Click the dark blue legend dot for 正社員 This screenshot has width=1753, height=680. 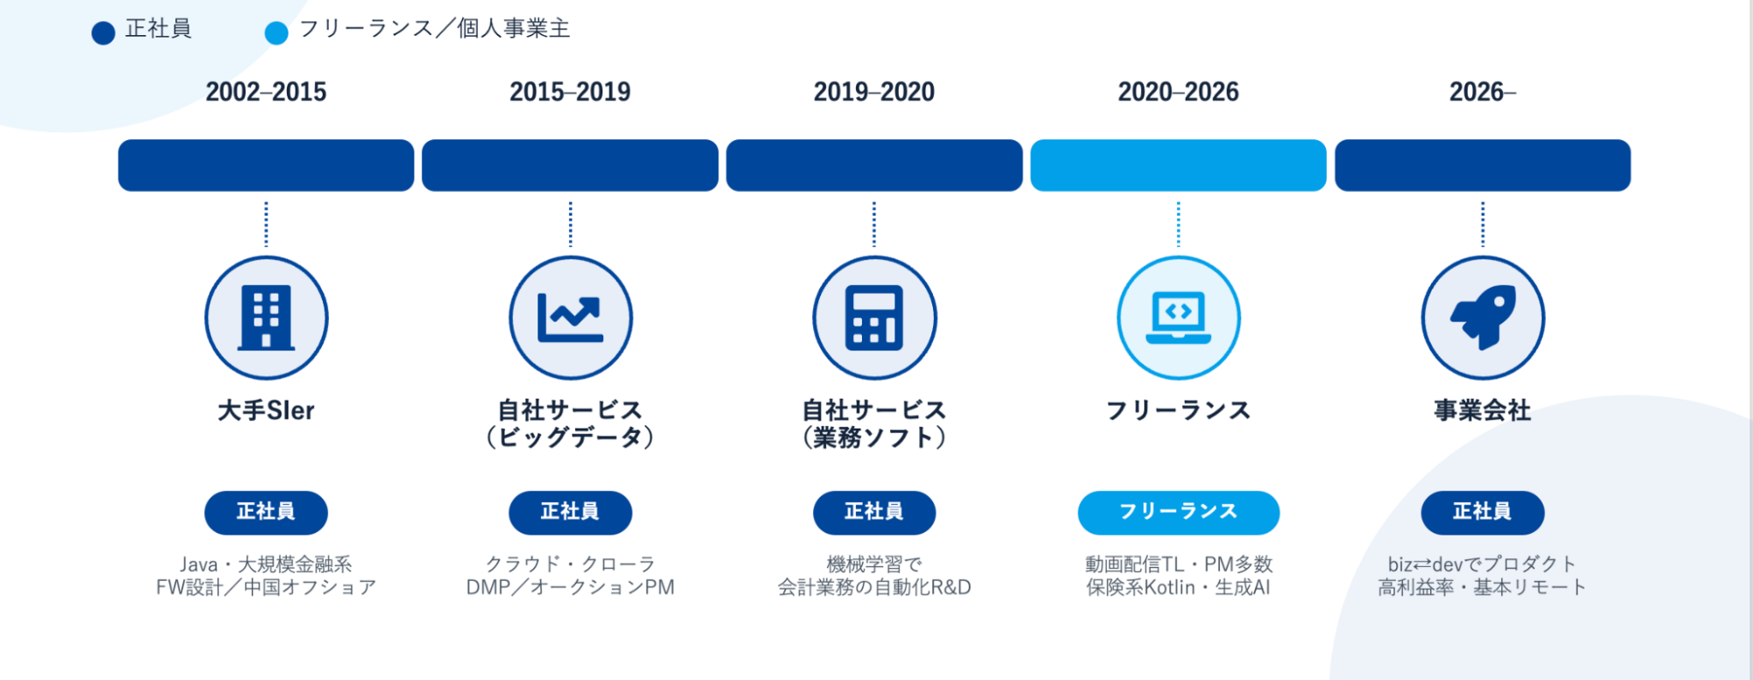[103, 33]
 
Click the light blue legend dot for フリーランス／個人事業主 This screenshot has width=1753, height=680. [276, 33]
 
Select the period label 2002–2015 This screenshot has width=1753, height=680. [266, 92]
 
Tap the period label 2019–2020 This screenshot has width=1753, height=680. [874, 92]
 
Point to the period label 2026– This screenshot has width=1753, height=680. [1482, 92]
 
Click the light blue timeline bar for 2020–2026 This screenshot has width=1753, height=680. [1179, 165]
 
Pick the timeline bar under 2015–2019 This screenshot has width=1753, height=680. [570, 165]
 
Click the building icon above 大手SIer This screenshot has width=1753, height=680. [267, 318]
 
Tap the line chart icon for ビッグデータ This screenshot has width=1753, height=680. [570, 318]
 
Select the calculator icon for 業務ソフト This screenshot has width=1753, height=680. [874, 318]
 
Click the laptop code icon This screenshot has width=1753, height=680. [1179, 318]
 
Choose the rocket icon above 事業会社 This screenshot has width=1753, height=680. [1483, 317]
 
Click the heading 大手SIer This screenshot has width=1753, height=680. [266, 410]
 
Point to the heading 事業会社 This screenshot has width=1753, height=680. [1483, 410]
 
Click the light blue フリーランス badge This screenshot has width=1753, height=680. [1179, 513]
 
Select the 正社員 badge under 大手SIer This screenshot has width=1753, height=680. [266, 513]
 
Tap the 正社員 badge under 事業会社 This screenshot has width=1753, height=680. [1483, 513]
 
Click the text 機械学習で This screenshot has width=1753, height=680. [874, 564]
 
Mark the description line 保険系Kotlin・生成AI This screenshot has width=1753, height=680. [1179, 587]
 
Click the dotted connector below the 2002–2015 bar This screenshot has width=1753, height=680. [267, 224]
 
